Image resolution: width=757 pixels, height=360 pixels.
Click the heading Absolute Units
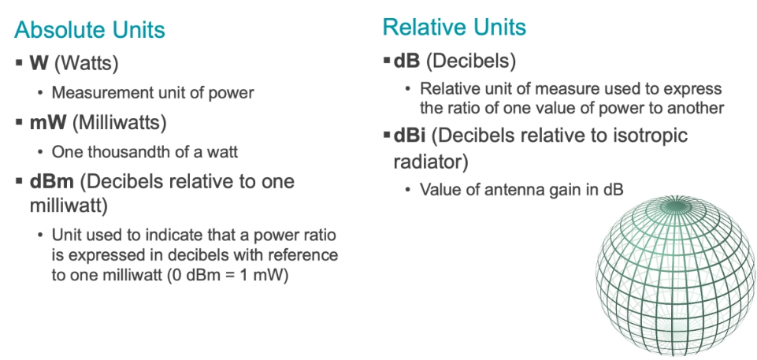coord(90,30)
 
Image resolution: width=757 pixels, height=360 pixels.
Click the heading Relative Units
coord(455,27)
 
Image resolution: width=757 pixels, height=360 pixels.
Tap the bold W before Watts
coord(39,63)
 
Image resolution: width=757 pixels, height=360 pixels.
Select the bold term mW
coord(48,123)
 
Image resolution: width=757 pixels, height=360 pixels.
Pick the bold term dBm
coord(52,181)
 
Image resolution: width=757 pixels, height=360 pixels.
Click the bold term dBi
coord(410,135)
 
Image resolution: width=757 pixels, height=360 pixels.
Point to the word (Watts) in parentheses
coord(86,64)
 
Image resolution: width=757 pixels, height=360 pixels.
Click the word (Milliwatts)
coord(119,123)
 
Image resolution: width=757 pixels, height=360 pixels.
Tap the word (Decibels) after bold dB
coord(471,61)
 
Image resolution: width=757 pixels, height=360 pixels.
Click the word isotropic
coord(647,136)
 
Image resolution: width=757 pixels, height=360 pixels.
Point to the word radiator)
coord(431,162)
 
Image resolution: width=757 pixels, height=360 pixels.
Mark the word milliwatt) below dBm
coord(69,206)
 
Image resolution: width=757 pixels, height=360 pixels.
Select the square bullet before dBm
coord(20,181)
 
